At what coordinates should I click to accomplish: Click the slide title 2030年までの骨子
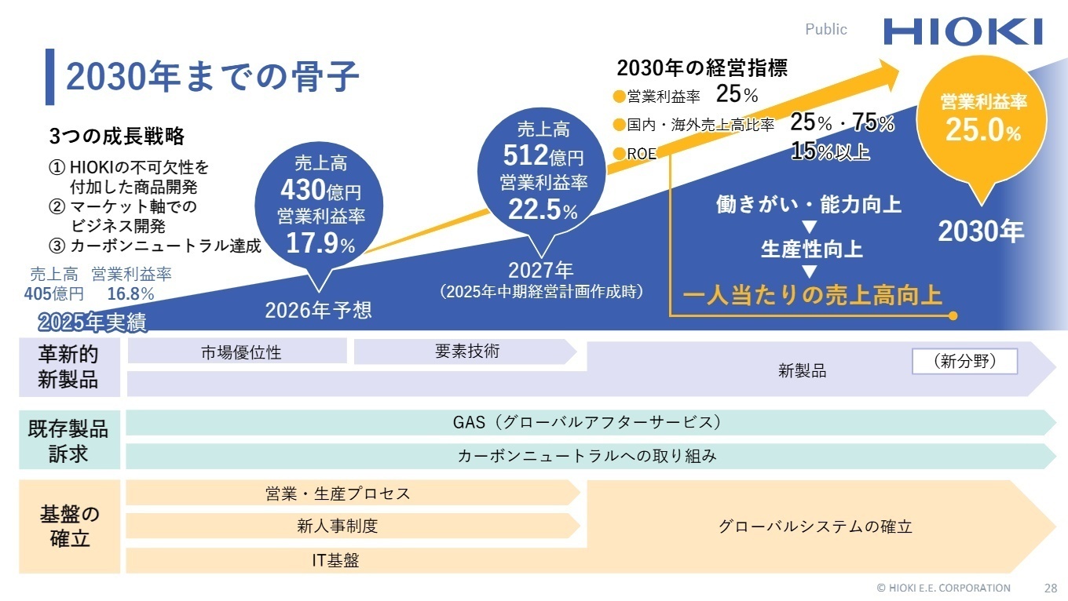(x=212, y=77)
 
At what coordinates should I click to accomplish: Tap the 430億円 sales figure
(x=320, y=191)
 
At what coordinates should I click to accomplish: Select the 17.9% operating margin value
(x=320, y=243)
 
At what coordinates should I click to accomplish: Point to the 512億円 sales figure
(x=543, y=156)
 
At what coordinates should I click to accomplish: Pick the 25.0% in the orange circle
(x=983, y=130)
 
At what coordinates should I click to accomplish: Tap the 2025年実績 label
(x=92, y=322)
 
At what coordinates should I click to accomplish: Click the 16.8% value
(x=130, y=294)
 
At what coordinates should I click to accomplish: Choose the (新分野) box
(x=964, y=362)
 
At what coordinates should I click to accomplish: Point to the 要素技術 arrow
(x=466, y=351)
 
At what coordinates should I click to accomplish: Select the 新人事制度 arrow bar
(x=338, y=526)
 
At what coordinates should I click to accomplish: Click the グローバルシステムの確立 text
(x=815, y=526)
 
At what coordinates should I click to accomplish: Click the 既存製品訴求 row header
(x=69, y=441)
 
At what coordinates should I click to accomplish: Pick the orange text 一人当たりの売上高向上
(x=812, y=295)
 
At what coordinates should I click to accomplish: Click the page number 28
(x=1050, y=588)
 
